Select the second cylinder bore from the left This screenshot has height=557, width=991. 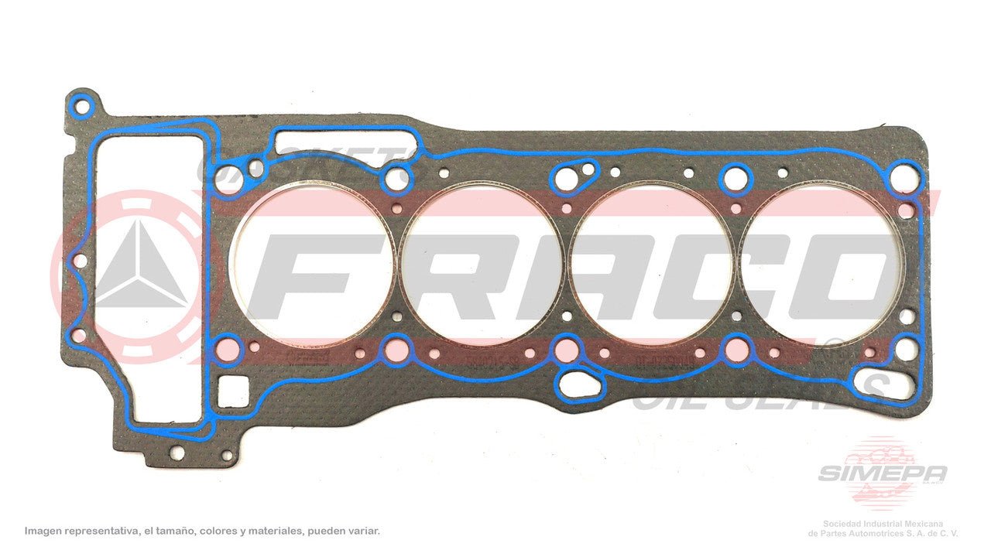(x=482, y=265)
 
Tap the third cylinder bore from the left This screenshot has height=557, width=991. (x=652, y=265)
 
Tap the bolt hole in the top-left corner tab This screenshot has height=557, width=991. (x=83, y=103)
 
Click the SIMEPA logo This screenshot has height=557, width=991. (x=883, y=472)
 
